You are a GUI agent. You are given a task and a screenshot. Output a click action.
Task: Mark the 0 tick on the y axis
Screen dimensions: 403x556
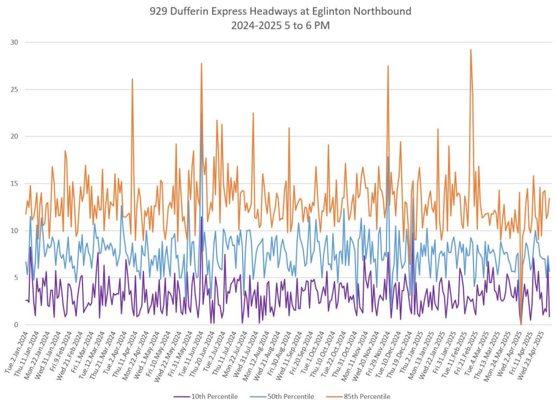16,325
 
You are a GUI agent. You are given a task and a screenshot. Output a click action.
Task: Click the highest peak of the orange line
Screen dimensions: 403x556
471,50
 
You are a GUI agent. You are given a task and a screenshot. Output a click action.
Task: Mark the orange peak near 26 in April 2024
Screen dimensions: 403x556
132,79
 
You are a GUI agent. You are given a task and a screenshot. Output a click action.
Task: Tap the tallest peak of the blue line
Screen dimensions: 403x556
201,113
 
